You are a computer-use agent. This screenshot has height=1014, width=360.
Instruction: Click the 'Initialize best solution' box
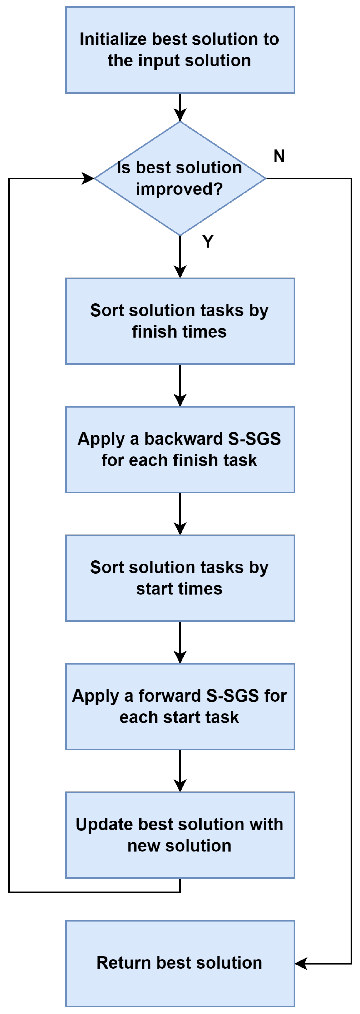click(x=180, y=50)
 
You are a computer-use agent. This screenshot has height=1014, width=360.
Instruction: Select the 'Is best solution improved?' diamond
click(x=180, y=178)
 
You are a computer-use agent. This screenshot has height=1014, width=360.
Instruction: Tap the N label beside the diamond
click(x=279, y=156)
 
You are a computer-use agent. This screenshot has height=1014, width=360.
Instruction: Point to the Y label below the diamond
click(x=208, y=241)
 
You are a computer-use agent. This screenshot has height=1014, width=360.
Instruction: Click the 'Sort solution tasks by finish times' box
click(x=180, y=321)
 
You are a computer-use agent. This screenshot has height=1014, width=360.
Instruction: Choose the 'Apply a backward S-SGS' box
click(x=180, y=450)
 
